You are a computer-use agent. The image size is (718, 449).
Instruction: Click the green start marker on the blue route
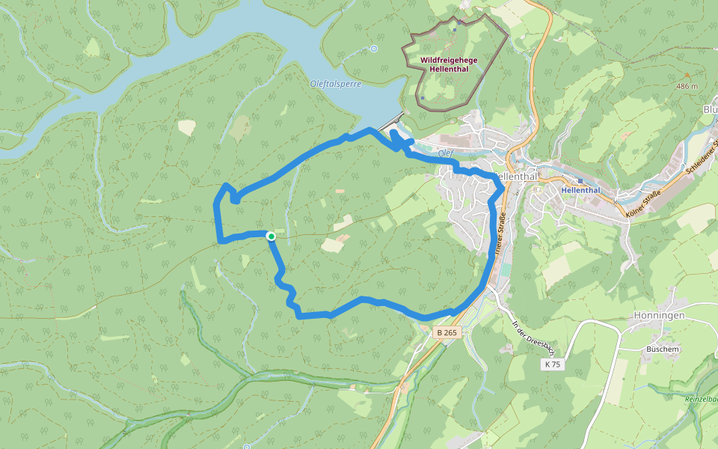click(x=271, y=236)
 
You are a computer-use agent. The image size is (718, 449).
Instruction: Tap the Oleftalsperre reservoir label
click(x=336, y=84)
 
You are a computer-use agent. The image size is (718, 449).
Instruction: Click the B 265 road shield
click(x=447, y=332)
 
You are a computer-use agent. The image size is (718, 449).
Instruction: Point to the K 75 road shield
click(x=553, y=364)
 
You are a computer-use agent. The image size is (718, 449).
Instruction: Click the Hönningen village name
click(x=659, y=316)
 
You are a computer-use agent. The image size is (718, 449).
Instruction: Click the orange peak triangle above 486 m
click(x=687, y=76)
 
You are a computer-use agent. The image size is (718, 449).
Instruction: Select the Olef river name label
click(x=447, y=153)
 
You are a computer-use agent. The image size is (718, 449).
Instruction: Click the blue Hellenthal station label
click(x=580, y=190)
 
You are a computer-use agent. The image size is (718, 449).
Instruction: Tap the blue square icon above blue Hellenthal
click(x=580, y=180)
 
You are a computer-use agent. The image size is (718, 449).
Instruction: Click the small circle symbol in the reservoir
click(x=372, y=49)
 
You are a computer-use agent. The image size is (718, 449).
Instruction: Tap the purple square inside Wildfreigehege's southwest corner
click(x=423, y=97)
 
